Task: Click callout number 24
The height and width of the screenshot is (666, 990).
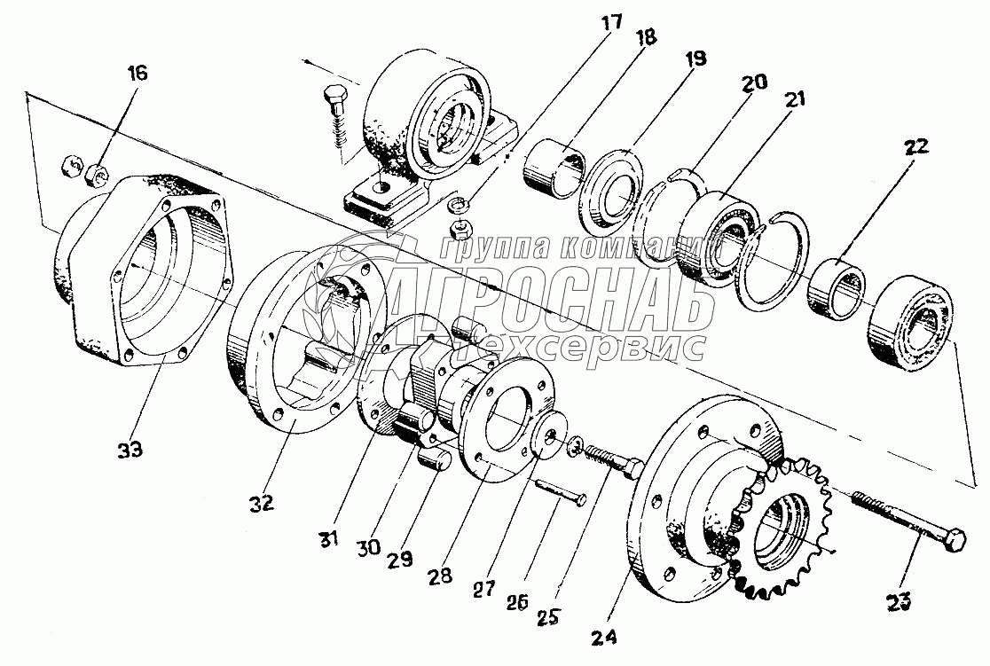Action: pos(606,636)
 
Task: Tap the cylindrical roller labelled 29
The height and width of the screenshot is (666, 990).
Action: pos(435,459)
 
